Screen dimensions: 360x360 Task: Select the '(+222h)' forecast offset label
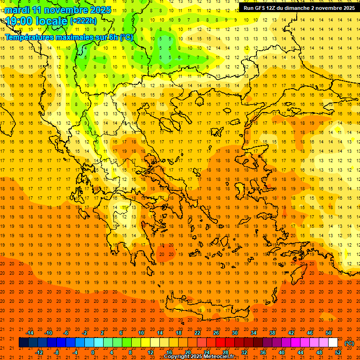83,21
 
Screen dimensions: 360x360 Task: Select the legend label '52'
338,352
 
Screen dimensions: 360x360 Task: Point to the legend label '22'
197,333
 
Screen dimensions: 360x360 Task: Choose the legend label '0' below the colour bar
93,352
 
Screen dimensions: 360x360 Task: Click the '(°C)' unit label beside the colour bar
349,343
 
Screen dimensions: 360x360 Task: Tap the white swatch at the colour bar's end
333,343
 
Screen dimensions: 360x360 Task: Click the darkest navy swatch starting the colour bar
23,343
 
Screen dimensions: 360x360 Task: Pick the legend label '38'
272,333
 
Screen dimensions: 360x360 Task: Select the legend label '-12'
39,352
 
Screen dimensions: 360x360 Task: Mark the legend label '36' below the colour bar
263,352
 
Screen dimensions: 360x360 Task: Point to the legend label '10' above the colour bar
141,333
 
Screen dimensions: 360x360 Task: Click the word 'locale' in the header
53,21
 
